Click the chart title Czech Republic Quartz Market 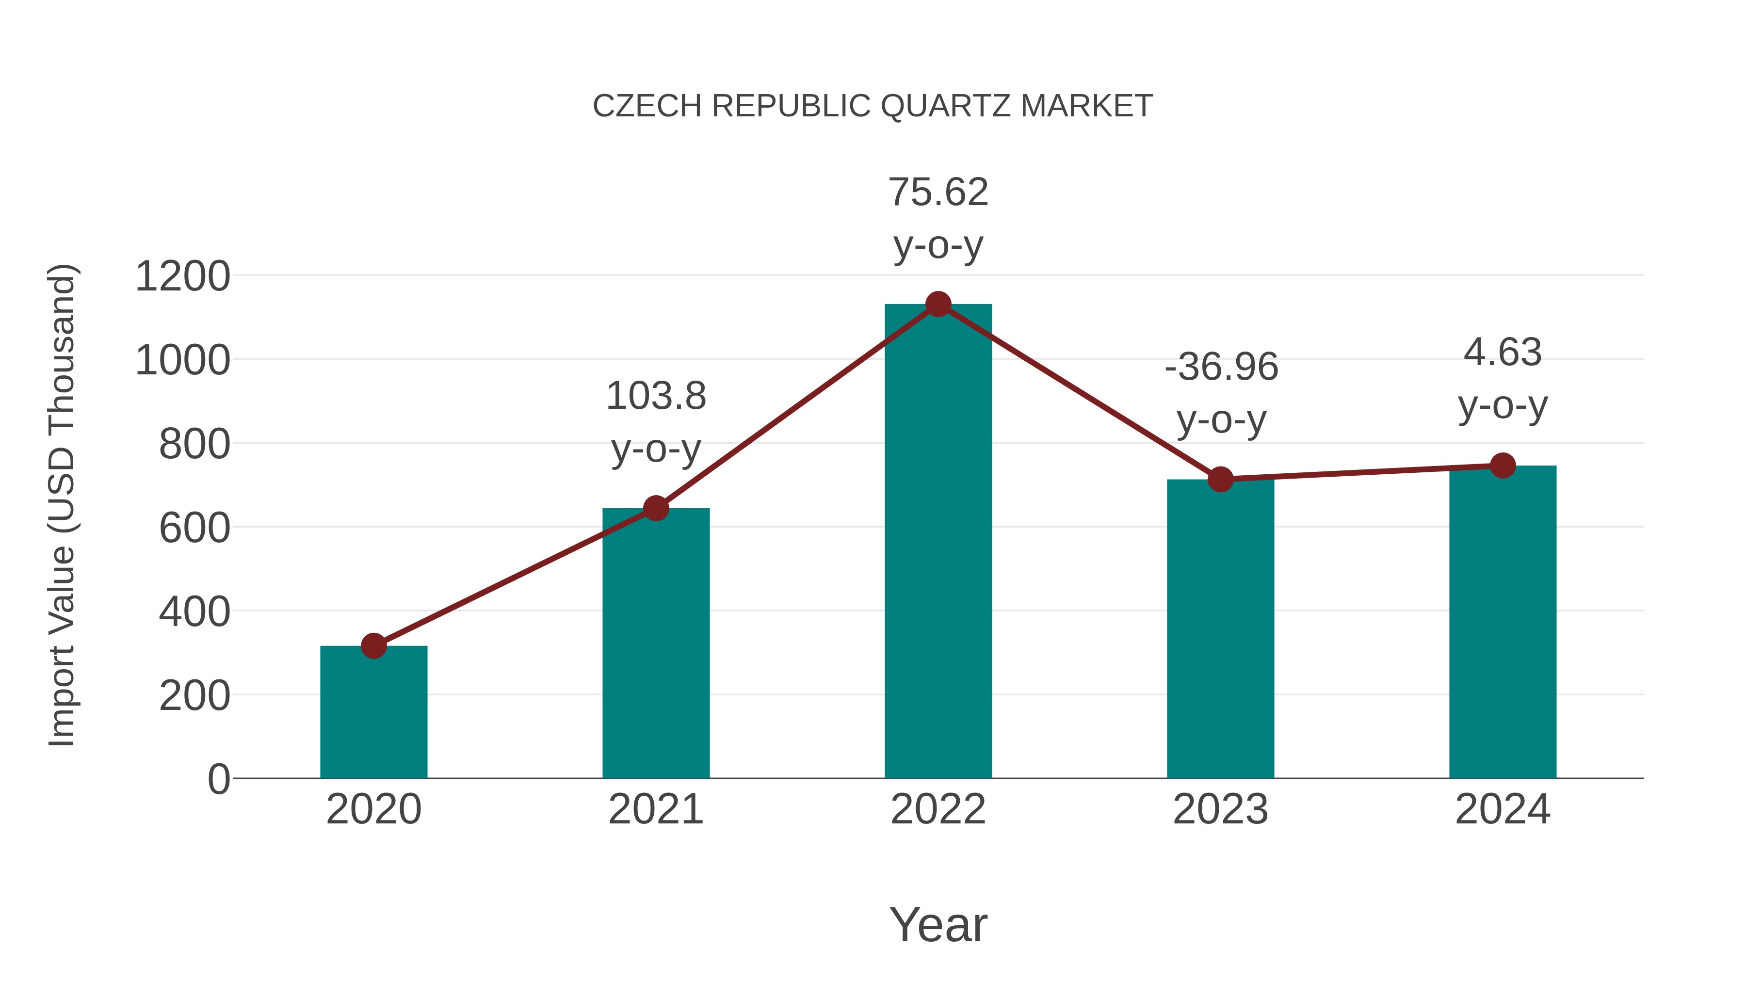point(873,106)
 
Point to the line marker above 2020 point(373,646)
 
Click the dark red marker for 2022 point(938,304)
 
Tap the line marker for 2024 point(1503,466)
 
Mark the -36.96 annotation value point(1221,367)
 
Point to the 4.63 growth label point(1503,353)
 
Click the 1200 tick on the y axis point(182,276)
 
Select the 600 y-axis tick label point(194,529)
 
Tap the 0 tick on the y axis point(218,779)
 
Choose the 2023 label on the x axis point(1220,809)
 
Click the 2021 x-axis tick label point(655,809)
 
